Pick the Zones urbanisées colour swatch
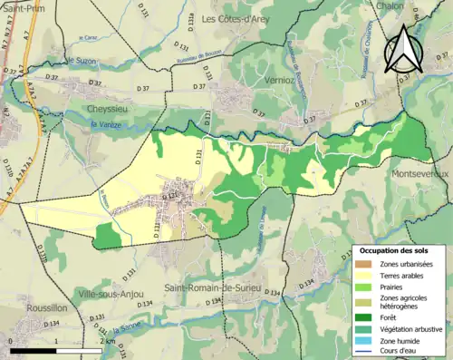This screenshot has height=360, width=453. (363, 263)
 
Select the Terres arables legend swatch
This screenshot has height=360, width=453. (363, 276)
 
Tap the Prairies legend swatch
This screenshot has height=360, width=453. (363, 287)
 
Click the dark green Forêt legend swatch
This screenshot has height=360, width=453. (363, 317)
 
